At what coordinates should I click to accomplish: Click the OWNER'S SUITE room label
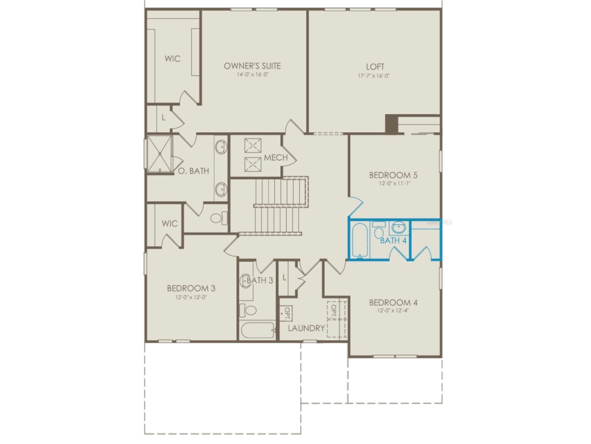[x=252, y=66]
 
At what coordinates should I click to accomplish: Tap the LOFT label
[x=375, y=67]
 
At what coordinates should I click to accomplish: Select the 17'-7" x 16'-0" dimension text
[x=374, y=76]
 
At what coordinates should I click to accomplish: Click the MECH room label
[x=276, y=158]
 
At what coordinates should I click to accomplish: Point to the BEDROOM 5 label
[x=393, y=175]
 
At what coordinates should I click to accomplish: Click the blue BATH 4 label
[x=393, y=241]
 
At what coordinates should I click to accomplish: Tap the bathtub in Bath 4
[x=360, y=240]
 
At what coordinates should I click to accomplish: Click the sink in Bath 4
[x=398, y=227]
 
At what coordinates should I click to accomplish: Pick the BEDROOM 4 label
[x=393, y=303]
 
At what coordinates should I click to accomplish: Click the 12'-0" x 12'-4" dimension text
[x=393, y=310]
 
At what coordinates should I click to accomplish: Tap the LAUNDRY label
[x=306, y=328]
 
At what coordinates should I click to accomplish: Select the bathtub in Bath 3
[x=258, y=330]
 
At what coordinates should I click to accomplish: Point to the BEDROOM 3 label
[x=191, y=288]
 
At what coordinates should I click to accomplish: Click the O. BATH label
[x=194, y=171]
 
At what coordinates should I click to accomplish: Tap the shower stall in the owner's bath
[x=159, y=154]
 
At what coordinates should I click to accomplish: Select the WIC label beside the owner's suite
[x=172, y=59]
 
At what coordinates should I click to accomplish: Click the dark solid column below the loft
[x=391, y=124]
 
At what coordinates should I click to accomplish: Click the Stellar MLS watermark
[x=439, y=222]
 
